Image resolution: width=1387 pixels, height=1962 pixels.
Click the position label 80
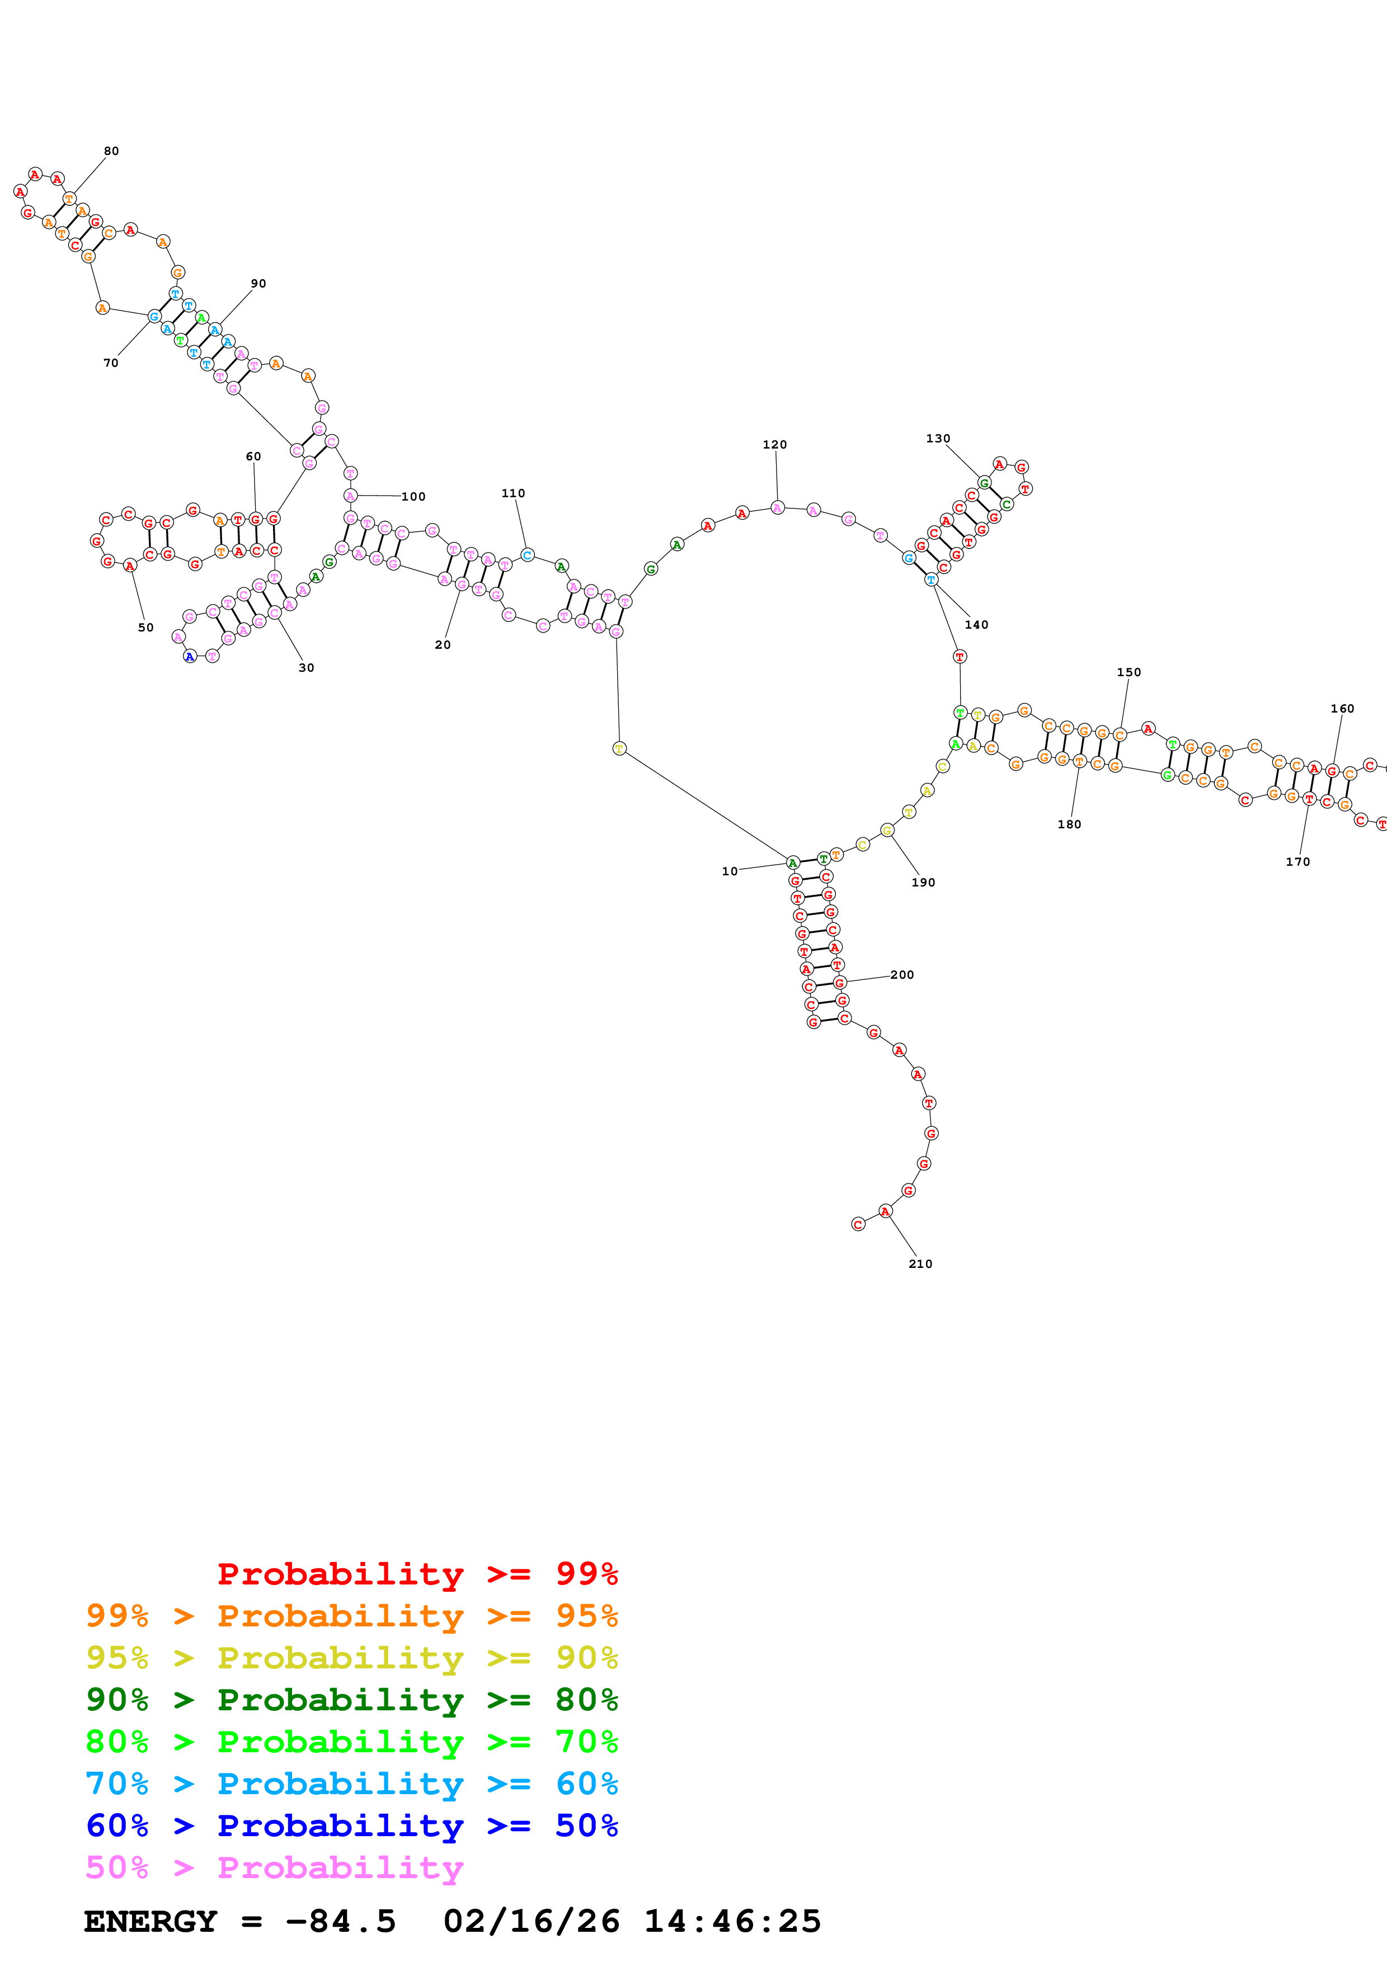[x=111, y=151]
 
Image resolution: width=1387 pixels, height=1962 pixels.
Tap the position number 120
[x=774, y=444]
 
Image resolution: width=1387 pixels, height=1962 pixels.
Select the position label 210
[x=920, y=1264]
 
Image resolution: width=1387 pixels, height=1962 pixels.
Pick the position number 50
[x=146, y=627]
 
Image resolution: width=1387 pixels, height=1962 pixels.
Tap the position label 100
[x=413, y=497]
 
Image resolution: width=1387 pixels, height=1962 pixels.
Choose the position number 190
[x=923, y=883]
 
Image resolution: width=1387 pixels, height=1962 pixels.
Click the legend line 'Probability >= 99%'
[x=417, y=1573]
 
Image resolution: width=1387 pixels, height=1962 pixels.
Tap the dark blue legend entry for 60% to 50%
[x=351, y=1826]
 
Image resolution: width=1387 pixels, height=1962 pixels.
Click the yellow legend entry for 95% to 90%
[x=351, y=1657]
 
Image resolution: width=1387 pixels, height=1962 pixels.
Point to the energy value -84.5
[x=341, y=1921]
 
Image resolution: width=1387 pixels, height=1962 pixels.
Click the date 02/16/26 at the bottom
[x=531, y=1921]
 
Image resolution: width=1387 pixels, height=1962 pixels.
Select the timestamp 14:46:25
[x=732, y=1921]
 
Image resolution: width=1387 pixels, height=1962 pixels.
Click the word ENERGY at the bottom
[x=151, y=1921]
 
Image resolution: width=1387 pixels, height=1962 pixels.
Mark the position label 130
[x=938, y=438]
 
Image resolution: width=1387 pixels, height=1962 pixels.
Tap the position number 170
[x=1297, y=862]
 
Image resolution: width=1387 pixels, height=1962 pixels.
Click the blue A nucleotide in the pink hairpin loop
[x=190, y=656]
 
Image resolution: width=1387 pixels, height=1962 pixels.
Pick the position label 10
[x=729, y=871]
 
